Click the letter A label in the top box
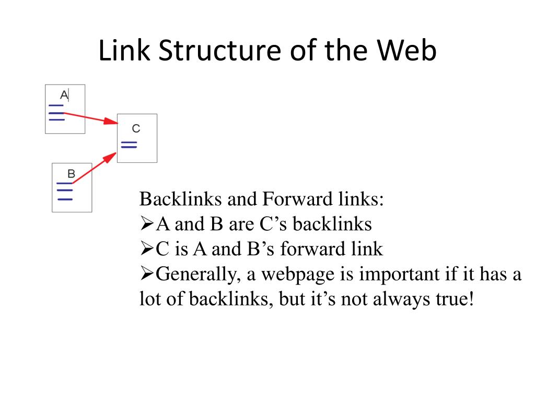64,95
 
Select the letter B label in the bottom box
72,173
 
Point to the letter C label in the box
136,128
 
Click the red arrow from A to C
91,117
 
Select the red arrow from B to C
94,168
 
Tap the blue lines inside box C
129,145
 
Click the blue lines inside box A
56,112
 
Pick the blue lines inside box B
64,191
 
